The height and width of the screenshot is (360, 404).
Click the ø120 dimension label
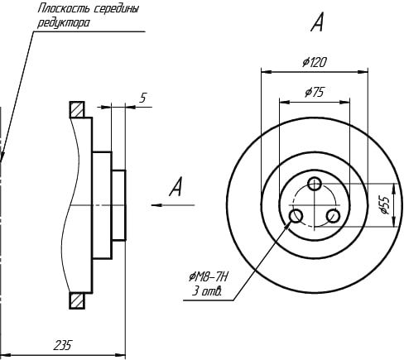coord(315,62)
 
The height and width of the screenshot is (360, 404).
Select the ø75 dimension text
coord(314,92)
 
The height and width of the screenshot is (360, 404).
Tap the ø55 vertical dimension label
coord(384,205)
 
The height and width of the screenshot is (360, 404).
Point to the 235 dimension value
coord(63,345)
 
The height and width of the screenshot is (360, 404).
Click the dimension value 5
coord(143,98)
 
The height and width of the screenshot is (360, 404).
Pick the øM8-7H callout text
coord(209,276)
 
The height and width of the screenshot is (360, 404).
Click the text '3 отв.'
coord(207,291)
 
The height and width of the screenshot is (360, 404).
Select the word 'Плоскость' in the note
coord(64,9)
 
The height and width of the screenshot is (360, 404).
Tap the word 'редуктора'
coord(64,23)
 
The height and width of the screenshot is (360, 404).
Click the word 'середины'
coord(116,9)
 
